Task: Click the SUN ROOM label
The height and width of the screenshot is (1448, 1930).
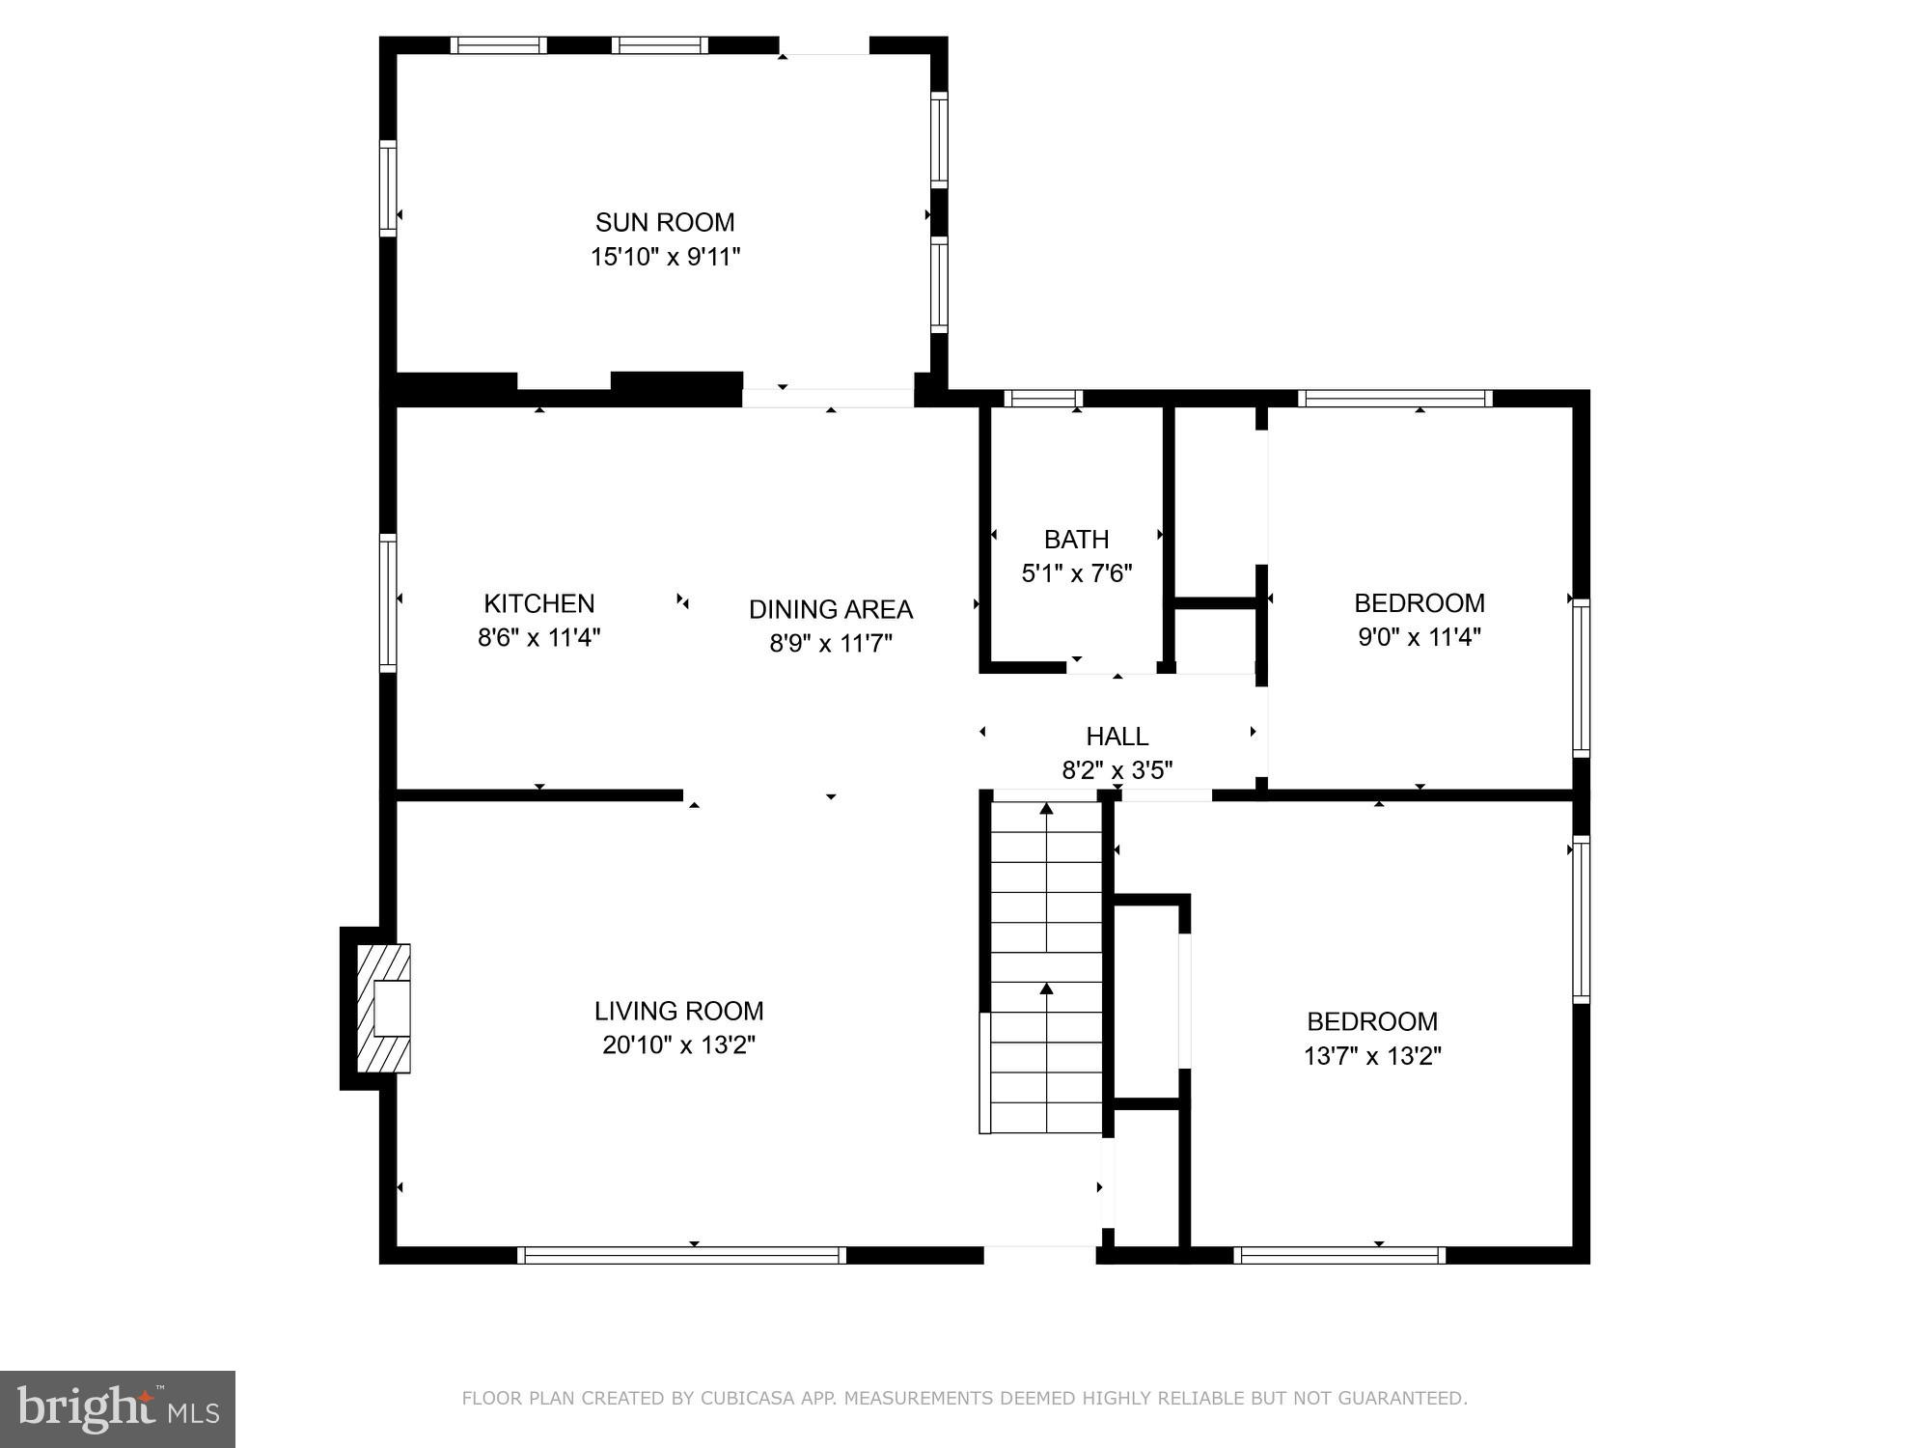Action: click(665, 222)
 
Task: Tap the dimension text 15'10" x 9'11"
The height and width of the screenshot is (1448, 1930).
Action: click(665, 257)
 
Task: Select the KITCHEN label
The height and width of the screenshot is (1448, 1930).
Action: click(538, 603)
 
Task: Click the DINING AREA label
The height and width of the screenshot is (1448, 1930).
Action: click(830, 609)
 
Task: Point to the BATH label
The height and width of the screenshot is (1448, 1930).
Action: click(1076, 539)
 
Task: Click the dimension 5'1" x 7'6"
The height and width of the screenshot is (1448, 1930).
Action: click(1076, 573)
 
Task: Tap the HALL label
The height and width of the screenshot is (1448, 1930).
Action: click(1117, 737)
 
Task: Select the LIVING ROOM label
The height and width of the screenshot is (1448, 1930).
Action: click(678, 1011)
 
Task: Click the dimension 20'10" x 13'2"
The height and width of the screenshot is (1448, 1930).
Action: click(678, 1045)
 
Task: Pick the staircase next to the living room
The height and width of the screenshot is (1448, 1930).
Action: click(1046, 965)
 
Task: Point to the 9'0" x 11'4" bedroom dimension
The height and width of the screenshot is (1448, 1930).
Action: click(1419, 637)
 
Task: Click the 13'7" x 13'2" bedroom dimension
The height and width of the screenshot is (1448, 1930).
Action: click(1371, 1056)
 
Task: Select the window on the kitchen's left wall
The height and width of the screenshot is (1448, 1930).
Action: click(388, 602)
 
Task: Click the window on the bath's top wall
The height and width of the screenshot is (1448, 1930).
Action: click(1043, 398)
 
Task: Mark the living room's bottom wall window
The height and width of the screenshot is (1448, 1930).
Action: click(681, 1255)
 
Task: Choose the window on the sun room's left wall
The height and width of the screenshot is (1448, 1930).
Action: click(388, 187)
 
